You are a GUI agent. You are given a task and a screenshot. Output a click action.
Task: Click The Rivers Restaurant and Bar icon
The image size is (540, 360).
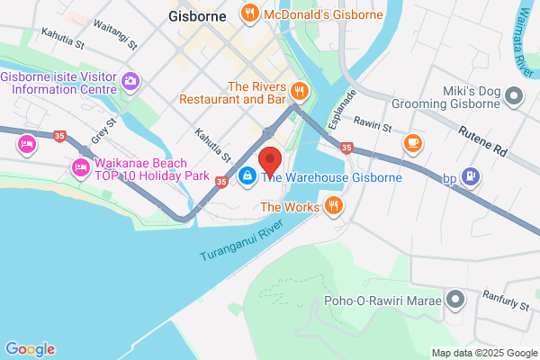click(x=301, y=91)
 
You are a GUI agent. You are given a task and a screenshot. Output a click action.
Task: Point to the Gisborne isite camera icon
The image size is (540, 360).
click(x=131, y=82)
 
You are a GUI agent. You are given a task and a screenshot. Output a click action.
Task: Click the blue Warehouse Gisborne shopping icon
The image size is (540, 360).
click(x=246, y=176)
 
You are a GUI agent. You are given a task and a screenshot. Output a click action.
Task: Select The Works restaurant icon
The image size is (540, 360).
click(x=335, y=207)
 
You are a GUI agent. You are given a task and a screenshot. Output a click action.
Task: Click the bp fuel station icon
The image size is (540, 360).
click(x=469, y=176)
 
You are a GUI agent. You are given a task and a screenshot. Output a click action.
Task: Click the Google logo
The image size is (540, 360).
click(x=30, y=349)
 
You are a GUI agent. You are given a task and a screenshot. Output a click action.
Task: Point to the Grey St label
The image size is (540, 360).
click(x=103, y=133)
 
